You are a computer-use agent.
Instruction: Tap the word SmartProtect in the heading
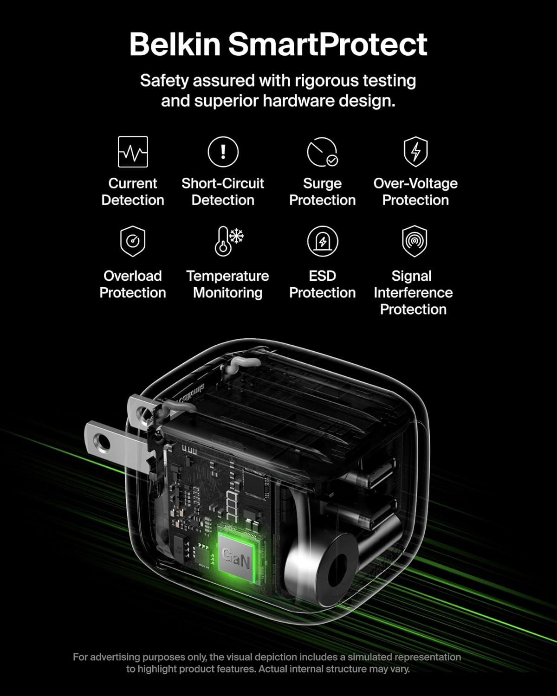click(x=327, y=45)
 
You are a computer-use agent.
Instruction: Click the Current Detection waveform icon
click(x=133, y=152)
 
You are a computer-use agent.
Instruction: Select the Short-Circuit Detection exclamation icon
click(x=223, y=152)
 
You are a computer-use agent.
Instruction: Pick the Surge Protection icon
click(x=322, y=152)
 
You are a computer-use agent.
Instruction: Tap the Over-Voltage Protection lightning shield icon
click(x=415, y=151)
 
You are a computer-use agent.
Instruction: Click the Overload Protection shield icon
click(x=133, y=241)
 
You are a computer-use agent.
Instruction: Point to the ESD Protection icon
click(x=322, y=241)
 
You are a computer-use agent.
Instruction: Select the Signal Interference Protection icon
click(x=414, y=241)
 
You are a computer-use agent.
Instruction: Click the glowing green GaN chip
click(x=236, y=554)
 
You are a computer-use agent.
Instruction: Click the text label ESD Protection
click(x=322, y=284)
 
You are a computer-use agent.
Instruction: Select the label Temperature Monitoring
click(x=227, y=284)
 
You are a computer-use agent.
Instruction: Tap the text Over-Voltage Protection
click(x=415, y=192)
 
